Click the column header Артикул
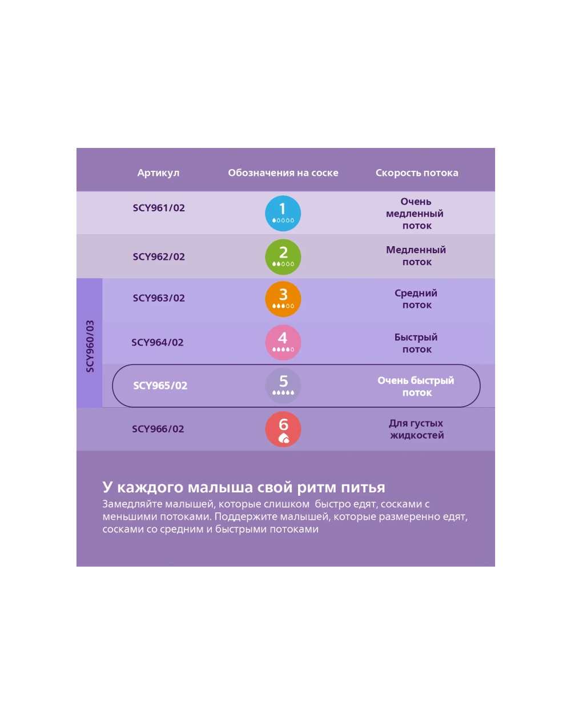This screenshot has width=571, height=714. (x=158, y=173)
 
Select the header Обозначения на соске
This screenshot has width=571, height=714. (x=283, y=173)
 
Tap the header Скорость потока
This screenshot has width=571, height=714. (x=417, y=173)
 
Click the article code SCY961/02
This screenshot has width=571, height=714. (x=159, y=208)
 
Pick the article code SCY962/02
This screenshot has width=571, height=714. (x=159, y=256)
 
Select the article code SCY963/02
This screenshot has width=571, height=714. (x=159, y=298)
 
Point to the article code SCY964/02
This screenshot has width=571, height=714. (x=157, y=342)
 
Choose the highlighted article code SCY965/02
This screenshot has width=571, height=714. (x=160, y=386)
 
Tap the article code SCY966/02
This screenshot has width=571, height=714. (x=158, y=429)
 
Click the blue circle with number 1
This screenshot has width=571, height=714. (x=283, y=213)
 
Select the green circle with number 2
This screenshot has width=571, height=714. (x=283, y=257)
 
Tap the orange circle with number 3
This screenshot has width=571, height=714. (x=283, y=299)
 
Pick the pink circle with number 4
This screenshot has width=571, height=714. (x=283, y=342)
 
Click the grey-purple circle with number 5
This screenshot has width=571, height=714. (x=283, y=386)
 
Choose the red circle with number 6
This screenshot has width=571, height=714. (x=283, y=430)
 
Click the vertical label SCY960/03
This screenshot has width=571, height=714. (x=90, y=346)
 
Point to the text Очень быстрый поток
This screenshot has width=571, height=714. (x=416, y=387)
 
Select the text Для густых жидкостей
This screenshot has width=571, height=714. (x=416, y=429)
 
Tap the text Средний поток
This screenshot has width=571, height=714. (x=416, y=299)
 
